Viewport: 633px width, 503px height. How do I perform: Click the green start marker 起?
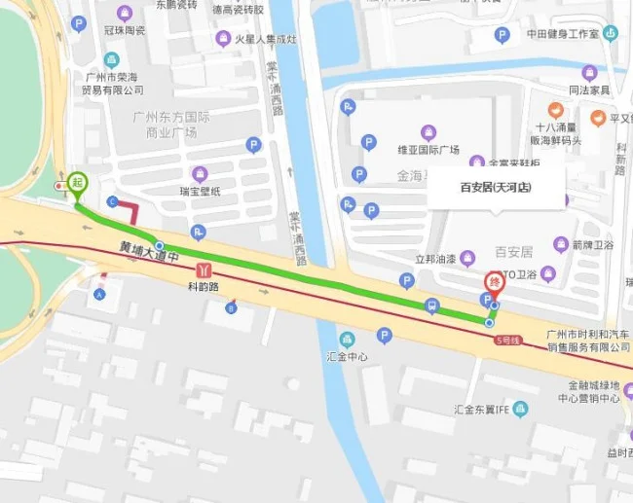77,182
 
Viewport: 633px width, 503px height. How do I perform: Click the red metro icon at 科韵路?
203,269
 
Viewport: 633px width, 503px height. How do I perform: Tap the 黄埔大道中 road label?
147,250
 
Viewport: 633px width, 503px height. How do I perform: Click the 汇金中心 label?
348,356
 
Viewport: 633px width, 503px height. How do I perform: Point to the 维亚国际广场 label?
428,150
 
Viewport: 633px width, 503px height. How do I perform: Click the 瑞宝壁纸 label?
200,191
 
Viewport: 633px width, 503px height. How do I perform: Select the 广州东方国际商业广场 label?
166,125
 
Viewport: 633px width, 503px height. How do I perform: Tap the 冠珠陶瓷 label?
124,30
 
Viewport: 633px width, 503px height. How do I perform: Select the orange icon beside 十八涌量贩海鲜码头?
555,110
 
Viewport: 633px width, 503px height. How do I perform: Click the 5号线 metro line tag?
507,341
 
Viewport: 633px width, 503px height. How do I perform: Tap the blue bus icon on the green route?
431,306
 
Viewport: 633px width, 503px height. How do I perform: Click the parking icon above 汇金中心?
384,336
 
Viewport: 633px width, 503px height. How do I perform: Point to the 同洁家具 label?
588,90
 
